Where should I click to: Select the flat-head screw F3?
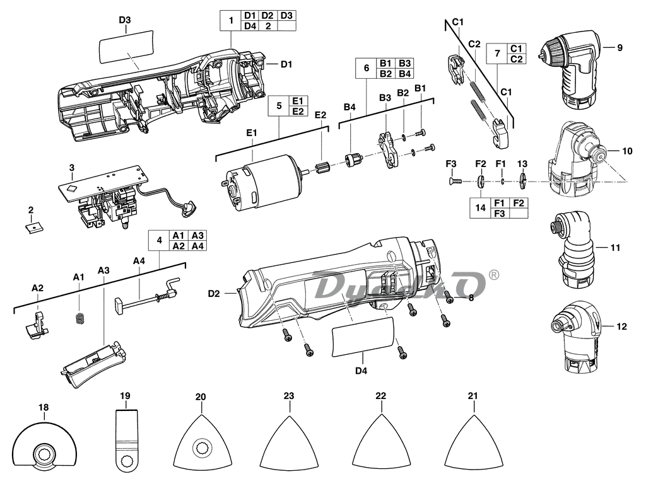pyautogui.click(x=455, y=182)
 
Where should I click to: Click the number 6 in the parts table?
pyautogui.click(x=365, y=68)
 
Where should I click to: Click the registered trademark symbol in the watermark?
pyautogui.click(x=494, y=275)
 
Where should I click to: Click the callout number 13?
pyautogui.click(x=522, y=164)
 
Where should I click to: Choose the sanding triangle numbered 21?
pyautogui.click(x=473, y=445)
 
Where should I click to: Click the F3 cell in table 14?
pyautogui.click(x=499, y=213)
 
